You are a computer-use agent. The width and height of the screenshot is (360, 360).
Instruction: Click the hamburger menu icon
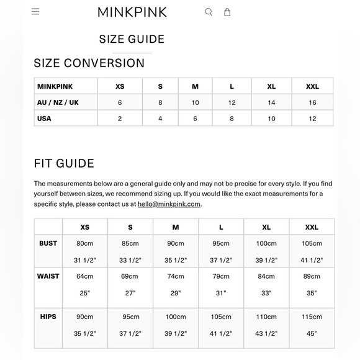(x=35, y=11)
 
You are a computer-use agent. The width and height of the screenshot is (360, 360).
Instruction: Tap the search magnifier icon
(x=209, y=12)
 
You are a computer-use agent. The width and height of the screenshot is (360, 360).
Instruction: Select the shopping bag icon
(x=227, y=12)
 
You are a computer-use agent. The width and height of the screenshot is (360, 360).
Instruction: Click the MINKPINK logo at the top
(x=132, y=12)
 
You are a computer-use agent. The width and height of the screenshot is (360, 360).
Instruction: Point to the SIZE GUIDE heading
(x=132, y=39)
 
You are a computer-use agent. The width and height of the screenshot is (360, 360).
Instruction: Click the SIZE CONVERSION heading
(x=89, y=63)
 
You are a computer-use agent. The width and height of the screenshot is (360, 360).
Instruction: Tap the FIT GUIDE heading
(x=64, y=163)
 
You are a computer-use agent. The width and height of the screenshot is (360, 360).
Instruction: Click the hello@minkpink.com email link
(x=169, y=204)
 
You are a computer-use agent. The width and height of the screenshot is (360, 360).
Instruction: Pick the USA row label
(x=45, y=119)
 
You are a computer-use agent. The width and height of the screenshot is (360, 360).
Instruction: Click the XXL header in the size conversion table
(x=312, y=86)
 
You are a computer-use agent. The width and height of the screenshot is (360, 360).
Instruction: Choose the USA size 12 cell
(x=312, y=119)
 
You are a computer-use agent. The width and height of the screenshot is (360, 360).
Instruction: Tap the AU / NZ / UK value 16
(x=312, y=102)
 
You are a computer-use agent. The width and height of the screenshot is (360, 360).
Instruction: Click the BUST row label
(x=48, y=243)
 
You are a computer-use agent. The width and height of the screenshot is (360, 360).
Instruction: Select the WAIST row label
(x=48, y=276)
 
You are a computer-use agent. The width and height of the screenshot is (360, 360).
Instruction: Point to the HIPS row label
(x=48, y=317)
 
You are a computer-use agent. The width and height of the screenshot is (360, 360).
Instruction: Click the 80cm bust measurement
(x=84, y=243)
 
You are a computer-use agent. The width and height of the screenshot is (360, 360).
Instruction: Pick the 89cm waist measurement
(x=312, y=276)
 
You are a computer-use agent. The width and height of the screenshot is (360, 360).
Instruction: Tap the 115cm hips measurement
(x=312, y=317)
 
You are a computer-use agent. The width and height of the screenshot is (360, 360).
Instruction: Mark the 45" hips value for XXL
(x=312, y=333)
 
